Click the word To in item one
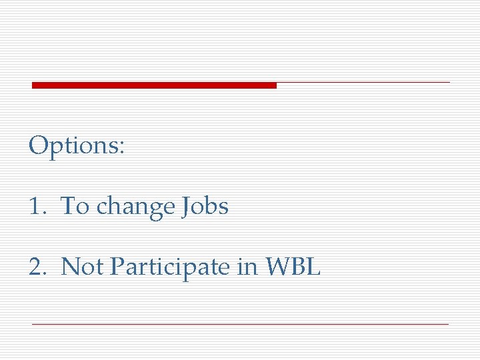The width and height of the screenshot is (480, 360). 75,207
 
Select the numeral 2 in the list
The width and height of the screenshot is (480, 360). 35,267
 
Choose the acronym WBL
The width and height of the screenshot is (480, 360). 293,267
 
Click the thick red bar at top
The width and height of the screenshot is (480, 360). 154,85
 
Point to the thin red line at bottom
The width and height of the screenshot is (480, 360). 240,324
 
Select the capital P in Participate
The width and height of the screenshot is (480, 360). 117,267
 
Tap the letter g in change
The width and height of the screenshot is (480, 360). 151,209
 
